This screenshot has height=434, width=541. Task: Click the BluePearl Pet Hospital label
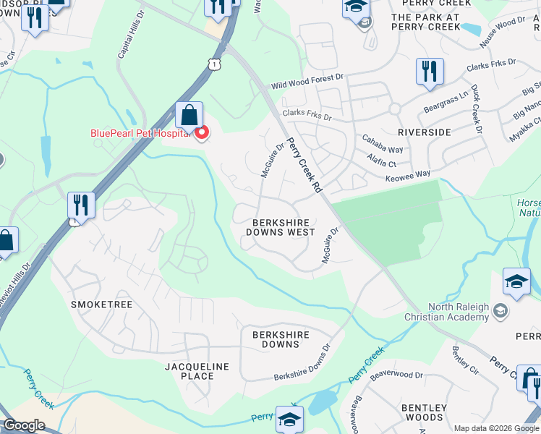point(140,133)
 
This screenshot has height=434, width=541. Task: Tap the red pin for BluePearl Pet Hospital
point(203,132)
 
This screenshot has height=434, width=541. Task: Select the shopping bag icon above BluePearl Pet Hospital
point(189,116)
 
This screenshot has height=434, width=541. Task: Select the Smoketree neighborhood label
point(101,305)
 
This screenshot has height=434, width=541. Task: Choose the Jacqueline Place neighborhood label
point(197,371)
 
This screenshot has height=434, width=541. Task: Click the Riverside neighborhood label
point(424,132)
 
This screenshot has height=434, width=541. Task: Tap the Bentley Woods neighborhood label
point(425,412)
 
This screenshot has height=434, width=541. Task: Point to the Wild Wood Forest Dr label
point(307,81)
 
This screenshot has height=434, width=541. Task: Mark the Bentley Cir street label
point(465,360)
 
